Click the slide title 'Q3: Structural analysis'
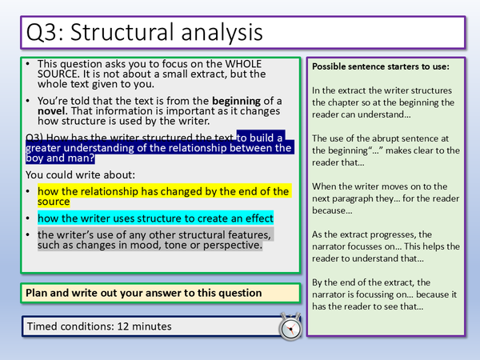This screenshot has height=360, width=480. [142, 33]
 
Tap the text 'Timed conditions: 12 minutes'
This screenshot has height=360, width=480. [98, 326]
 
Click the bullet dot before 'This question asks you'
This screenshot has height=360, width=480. [29, 63]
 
